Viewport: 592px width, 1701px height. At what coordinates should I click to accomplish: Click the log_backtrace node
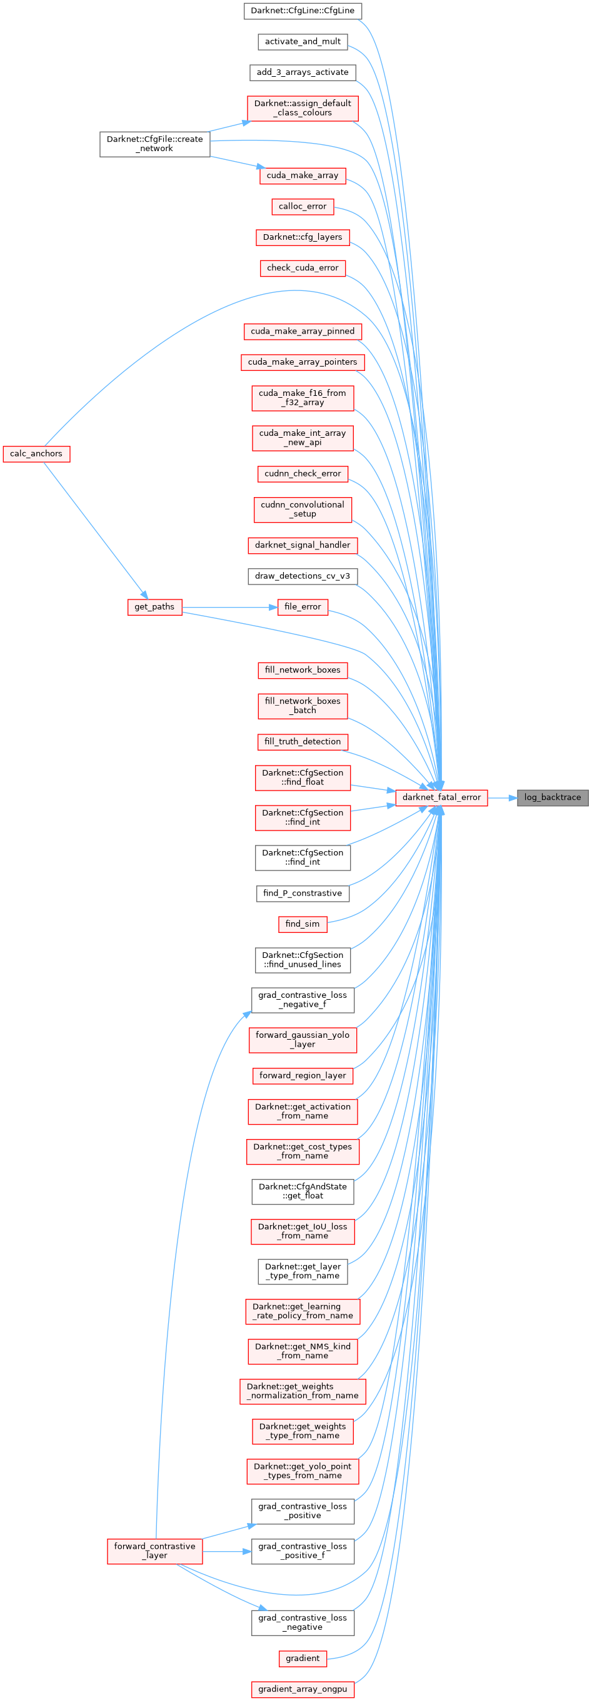(x=552, y=797)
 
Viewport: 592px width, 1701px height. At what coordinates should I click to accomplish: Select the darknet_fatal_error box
(x=441, y=797)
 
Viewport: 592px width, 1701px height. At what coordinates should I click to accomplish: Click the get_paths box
(x=154, y=607)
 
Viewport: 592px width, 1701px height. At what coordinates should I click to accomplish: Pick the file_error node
(x=303, y=607)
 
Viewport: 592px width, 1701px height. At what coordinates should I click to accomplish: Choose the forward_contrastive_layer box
(x=154, y=1551)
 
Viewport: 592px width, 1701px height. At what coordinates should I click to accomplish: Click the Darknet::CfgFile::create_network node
(x=154, y=144)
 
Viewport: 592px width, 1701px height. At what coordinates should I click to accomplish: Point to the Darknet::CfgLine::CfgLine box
(x=303, y=11)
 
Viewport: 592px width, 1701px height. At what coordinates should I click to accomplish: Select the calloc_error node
(x=303, y=207)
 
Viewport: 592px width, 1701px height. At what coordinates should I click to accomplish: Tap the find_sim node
(x=303, y=924)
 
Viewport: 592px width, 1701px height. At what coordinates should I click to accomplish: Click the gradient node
(x=303, y=1658)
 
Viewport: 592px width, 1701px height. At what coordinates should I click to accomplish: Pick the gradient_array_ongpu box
(x=303, y=1689)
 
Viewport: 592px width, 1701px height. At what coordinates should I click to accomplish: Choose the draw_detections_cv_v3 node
(x=303, y=576)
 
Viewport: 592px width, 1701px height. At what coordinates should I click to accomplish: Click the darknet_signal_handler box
(x=303, y=545)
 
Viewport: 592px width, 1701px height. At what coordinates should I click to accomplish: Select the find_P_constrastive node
(x=303, y=894)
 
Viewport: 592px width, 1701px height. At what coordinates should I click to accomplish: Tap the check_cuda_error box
(x=303, y=268)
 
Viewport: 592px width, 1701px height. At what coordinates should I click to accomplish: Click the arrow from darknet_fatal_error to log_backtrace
(x=502, y=797)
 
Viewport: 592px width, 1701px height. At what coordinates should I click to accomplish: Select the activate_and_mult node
(x=303, y=42)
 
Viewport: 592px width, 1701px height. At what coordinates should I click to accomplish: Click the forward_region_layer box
(x=303, y=1076)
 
